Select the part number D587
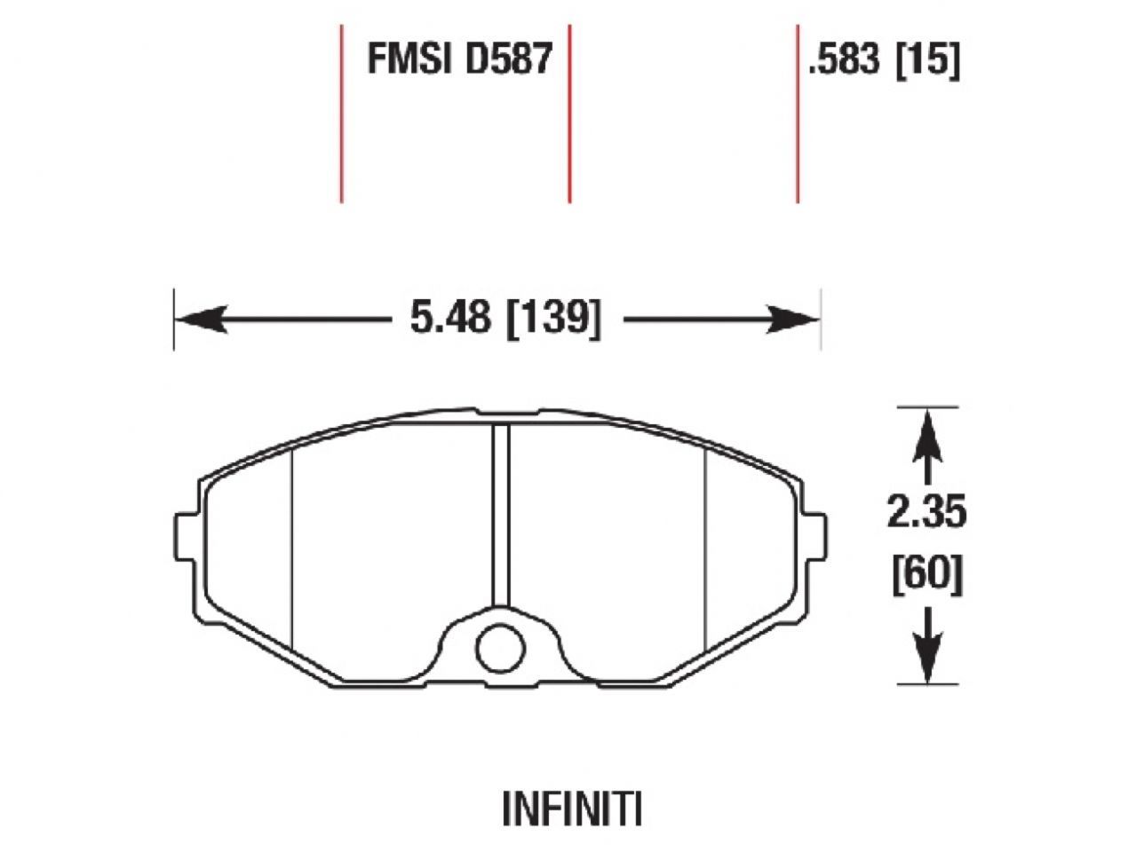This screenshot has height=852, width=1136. pos(508,59)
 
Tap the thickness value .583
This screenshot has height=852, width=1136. pos(845,60)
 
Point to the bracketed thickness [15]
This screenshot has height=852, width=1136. pos(928,60)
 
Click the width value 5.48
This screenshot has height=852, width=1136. pos(449,317)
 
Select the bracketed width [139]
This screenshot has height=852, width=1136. pos(552,317)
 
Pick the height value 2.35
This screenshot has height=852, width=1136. pos(926,512)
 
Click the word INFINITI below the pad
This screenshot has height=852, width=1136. pos(571,809)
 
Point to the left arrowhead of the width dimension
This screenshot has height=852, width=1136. pos(201,318)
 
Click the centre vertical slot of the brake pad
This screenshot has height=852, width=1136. pos(501,515)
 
